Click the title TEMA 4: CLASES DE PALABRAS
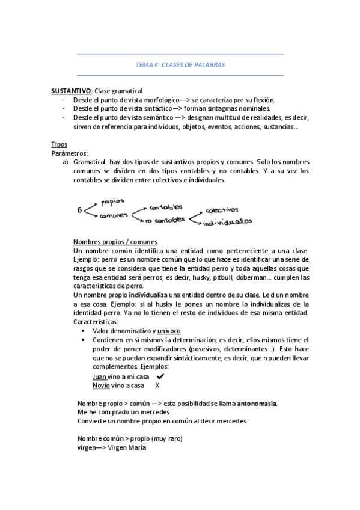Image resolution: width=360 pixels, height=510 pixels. click(x=180, y=64)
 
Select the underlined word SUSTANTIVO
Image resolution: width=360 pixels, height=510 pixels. click(x=71, y=90)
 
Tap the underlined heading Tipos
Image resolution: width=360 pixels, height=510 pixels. click(x=59, y=144)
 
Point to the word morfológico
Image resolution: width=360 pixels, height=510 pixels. click(x=156, y=100)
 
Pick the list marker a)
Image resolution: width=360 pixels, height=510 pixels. click(x=66, y=162)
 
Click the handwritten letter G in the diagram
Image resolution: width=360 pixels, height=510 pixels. click(x=80, y=210)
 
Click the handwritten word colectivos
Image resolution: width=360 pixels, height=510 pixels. click(x=221, y=210)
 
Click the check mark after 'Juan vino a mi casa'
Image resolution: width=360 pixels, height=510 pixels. click(x=160, y=376)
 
